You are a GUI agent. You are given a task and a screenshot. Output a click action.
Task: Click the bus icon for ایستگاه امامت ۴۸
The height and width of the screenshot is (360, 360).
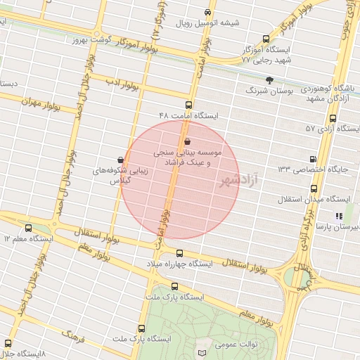(x=188, y=105)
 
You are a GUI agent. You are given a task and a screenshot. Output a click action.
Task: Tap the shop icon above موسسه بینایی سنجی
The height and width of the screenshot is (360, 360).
(x=187, y=141)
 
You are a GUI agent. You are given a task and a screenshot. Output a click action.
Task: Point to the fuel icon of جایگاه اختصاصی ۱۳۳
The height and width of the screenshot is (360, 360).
(x=313, y=158)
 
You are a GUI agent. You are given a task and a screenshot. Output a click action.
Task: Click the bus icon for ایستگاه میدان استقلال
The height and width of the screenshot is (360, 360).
(x=314, y=188)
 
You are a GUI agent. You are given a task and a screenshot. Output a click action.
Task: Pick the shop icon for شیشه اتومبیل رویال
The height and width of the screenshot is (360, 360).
(x=207, y=13)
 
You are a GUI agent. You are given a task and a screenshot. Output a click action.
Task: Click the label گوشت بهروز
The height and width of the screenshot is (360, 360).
(x=90, y=39)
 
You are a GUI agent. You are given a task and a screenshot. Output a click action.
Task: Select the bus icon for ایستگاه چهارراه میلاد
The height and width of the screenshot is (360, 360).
(x=179, y=253)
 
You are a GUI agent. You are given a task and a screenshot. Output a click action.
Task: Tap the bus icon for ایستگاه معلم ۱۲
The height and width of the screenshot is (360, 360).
(x=28, y=228)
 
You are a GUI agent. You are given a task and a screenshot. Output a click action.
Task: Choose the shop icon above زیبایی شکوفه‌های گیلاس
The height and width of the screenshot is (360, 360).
(x=120, y=160)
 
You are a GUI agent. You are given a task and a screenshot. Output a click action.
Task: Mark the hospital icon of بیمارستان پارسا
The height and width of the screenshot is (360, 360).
(x=338, y=216)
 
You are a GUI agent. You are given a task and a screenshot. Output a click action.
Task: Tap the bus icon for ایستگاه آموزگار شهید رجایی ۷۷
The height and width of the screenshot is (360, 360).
(x=265, y=39)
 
